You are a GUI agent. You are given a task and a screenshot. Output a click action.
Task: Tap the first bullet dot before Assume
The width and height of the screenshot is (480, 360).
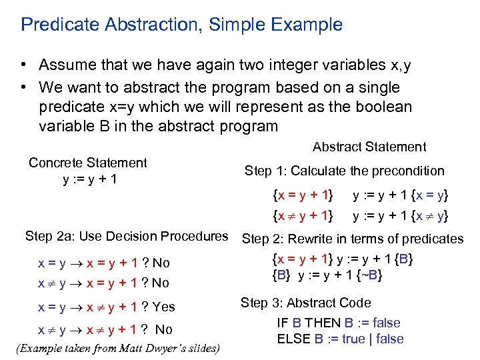point(23,65)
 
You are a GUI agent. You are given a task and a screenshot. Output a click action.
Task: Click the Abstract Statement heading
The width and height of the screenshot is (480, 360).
point(369,147)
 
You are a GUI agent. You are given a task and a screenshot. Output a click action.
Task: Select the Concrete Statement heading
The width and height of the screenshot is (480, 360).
point(87,163)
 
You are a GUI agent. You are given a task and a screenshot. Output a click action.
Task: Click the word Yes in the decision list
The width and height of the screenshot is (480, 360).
point(163,307)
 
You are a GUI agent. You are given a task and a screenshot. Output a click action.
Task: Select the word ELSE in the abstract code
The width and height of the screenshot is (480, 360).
point(295,339)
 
